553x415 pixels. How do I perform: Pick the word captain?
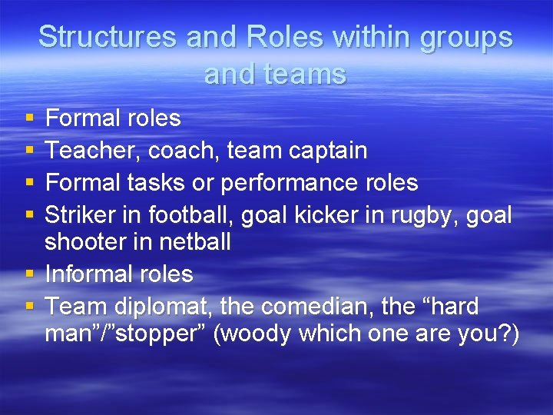pos(328,150)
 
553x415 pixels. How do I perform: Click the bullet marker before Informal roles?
pos(29,274)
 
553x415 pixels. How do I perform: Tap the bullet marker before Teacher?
pos(29,151)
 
